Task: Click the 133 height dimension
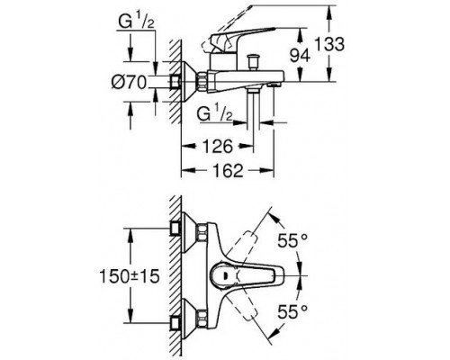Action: tap(329, 44)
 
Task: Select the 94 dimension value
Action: tap(300, 55)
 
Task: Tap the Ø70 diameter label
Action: tap(129, 82)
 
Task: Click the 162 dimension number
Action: tap(228, 170)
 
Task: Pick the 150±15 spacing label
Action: tap(130, 276)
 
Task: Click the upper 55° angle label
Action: tap(288, 240)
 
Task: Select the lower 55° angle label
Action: tap(288, 311)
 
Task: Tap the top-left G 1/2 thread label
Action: tap(136, 22)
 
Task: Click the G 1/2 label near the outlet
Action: tap(215, 113)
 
